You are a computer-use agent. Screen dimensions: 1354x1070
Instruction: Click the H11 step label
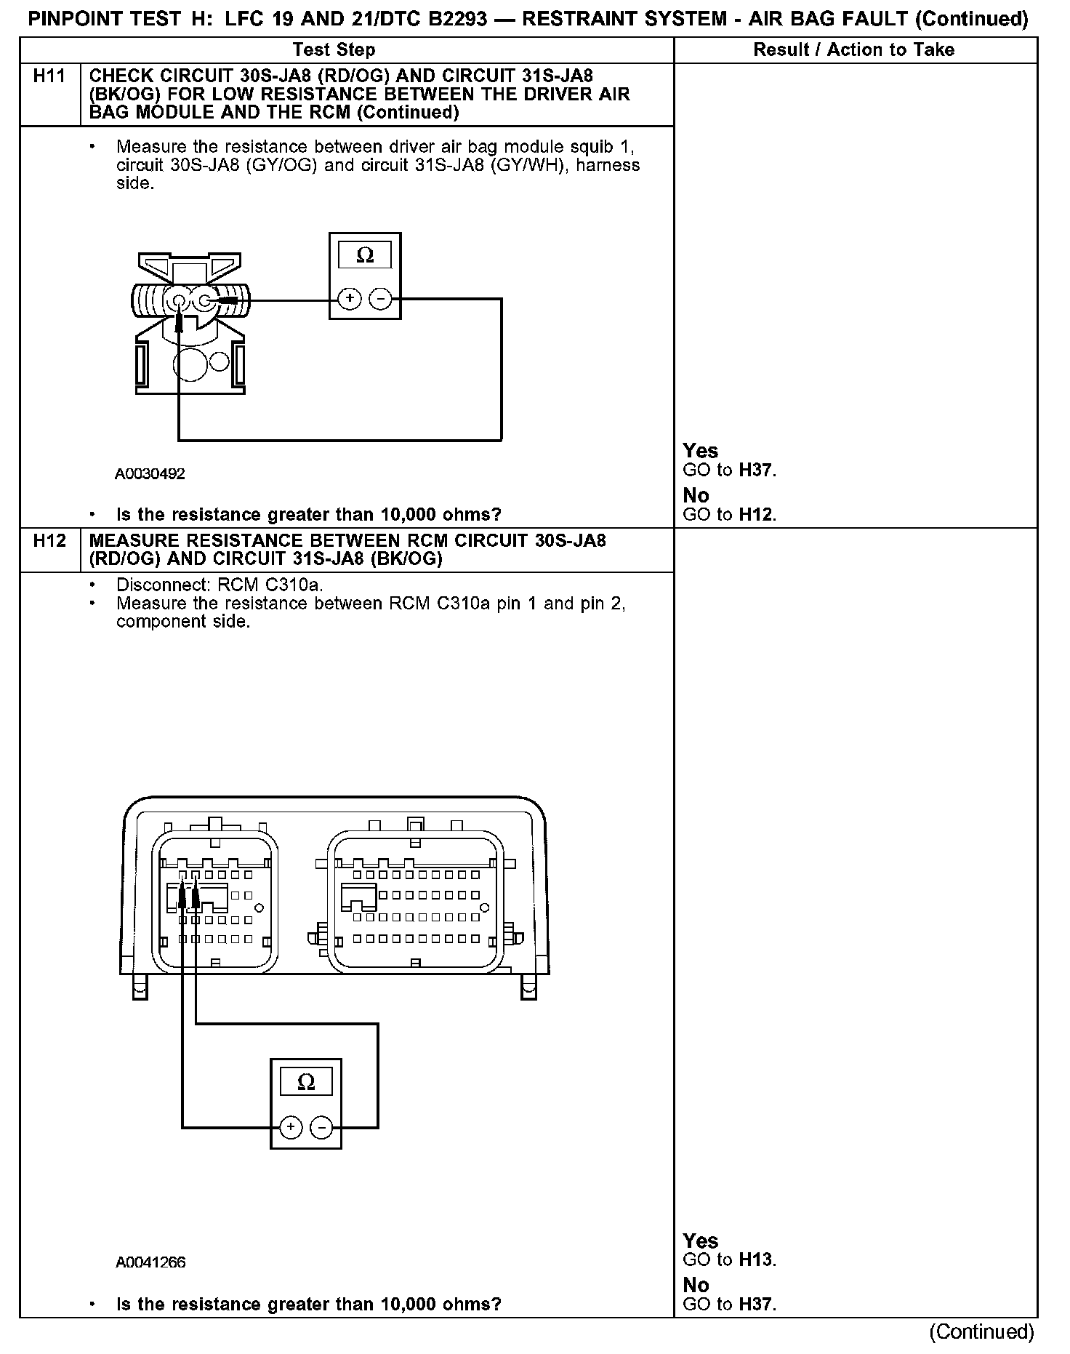[49, 76]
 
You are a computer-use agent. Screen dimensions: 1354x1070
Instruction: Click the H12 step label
[49, 540]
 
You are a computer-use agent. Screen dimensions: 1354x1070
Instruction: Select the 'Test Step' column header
[334, 49]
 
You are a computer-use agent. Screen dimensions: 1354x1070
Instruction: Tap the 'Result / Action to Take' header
[854, 49]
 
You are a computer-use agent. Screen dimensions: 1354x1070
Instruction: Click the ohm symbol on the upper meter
[365, 255]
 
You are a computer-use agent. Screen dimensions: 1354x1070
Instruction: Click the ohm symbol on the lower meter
[307, 1082]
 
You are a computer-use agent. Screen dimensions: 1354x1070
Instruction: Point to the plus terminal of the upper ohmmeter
[350, 299]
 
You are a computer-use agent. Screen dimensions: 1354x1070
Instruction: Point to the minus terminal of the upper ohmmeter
[380, 299]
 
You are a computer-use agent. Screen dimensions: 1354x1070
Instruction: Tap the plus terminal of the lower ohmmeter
[291, 1127]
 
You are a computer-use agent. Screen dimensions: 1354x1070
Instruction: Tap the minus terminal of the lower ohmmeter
[321, 1127]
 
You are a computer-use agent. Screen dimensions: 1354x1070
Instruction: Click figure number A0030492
[150, 474]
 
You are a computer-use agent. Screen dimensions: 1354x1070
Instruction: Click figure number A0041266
[150, 1262]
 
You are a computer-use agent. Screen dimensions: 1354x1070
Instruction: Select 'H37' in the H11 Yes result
[756, 470]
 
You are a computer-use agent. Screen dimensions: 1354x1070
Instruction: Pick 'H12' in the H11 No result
[756, 515]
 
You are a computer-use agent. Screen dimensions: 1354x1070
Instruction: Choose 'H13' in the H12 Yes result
[756, 1259]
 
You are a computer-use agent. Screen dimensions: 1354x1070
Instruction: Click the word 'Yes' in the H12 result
[701, 1241]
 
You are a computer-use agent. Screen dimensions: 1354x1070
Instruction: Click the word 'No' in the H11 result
[696, 496]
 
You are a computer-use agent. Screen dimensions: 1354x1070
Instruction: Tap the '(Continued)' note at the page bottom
[981, 1331]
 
